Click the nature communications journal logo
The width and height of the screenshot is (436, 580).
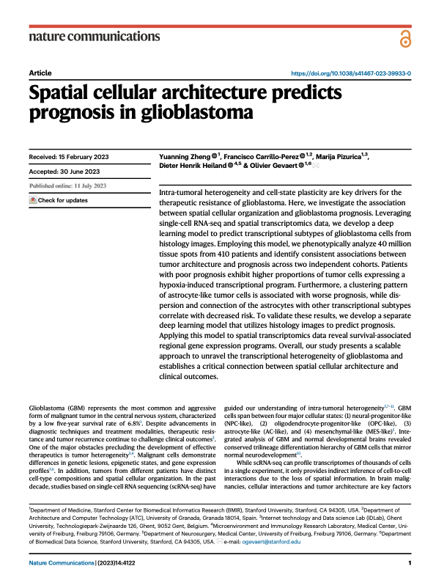coord(95,36)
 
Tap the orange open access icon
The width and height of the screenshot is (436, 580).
coord(405,39)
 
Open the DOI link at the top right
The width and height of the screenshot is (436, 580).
coord(351,73)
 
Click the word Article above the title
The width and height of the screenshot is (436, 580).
coord(40,73)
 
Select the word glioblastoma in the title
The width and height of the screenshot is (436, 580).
coord(196,112)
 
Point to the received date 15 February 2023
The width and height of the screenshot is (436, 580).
coord(84,157)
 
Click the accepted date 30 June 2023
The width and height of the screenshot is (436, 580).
coord(79,172)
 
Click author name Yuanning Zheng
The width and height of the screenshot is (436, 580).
coord(185,157)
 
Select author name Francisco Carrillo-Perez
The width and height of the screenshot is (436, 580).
coord(261,157)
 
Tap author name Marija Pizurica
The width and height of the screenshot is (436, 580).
coord(339,157)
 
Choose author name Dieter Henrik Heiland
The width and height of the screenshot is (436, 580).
coord(193,165)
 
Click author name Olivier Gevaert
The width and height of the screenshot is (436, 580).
coord(273,165)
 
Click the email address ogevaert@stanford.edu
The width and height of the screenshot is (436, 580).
coord(271,542)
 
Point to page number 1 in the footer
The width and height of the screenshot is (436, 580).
coord(410,563)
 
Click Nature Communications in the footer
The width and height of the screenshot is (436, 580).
coord(62,563)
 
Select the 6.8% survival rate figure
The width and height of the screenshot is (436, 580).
coord(134,424)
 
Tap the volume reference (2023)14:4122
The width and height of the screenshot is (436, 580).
coord(116,563)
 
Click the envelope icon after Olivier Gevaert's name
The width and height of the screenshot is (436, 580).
coord(315,166)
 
